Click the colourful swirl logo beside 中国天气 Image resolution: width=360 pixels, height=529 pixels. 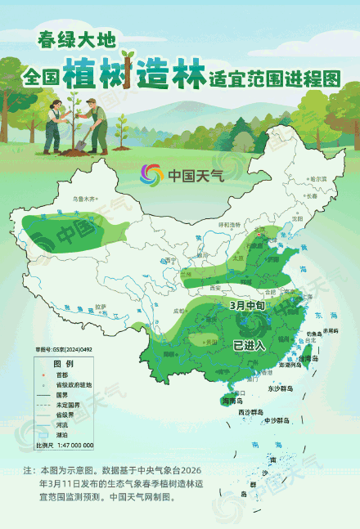coord(152,174)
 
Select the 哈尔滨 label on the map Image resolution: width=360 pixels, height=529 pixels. coord(317,178)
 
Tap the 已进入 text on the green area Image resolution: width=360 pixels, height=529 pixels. coord(250,345)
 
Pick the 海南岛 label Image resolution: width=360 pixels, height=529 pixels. coord(236,401)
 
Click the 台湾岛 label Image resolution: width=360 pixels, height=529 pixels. coord(308,358)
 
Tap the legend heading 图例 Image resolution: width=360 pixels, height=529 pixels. coord(63,362)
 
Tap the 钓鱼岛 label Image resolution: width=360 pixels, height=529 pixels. coord(314,334)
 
